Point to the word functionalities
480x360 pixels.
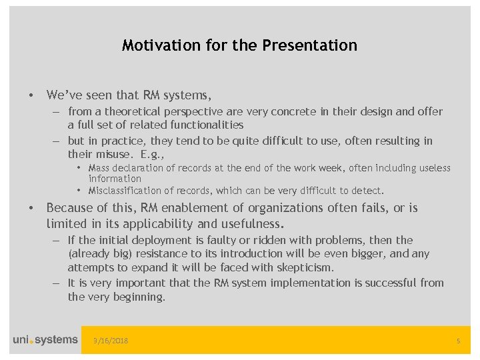point(201,125)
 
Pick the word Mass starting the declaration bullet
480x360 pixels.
point(100,168)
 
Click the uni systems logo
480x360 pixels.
point(45,340)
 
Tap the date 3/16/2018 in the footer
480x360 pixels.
point(111,341)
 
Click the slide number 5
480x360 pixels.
point(458,341)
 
